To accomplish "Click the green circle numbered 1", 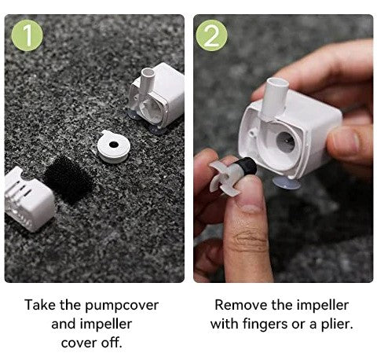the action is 27,35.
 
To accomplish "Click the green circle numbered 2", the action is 211,35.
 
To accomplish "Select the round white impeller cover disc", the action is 114,146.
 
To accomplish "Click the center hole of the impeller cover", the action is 114,145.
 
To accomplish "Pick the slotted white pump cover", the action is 28,199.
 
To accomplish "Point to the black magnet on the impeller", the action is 247,167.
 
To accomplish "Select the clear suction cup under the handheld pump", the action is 287,182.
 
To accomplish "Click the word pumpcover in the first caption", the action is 122,306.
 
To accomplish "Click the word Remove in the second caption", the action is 241,305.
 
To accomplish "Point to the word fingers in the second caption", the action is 265,325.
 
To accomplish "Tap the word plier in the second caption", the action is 337,325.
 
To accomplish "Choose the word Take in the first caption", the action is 40,305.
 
